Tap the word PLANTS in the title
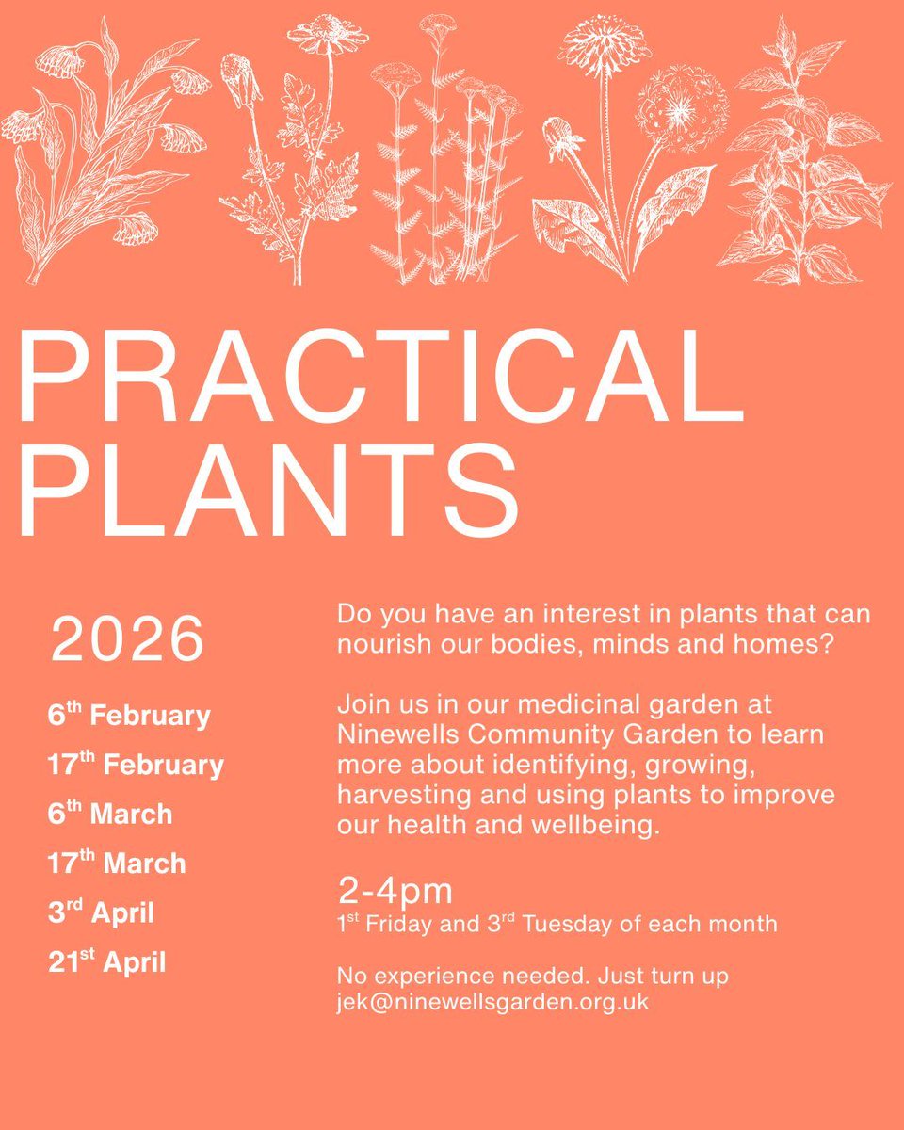pyautogui.click(x=268, y=492)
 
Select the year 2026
pyautogui.click(x=127, y=640)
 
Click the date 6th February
pyautogui.click(x=129, y=716)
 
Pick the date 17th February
pyautogui.click(x=136, y=765)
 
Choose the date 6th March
pyautogui.click(x=110, y=814)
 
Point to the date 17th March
pyautogui.click(x=117, y=863)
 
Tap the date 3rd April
pyautogui.click(x=101, y=912)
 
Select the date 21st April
pyautogui.click(x=106, y=962)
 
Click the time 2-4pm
pyautogui.click(x=395, y=890)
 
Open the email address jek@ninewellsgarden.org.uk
pyautogui.click(x=492, y=1002)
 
